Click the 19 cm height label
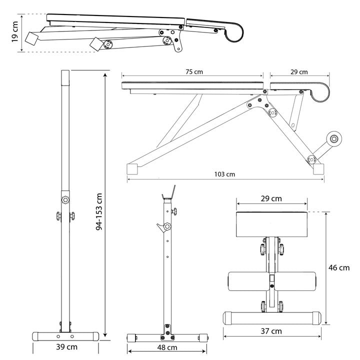coord(15,33)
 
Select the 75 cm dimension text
coord(193,72)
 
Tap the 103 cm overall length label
coord(224,174)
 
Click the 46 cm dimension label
coord(339,267)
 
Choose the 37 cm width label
coord(271,331)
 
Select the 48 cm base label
coord(167,347)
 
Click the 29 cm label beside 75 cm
coord(299,72)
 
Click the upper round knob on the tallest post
coord(65,199)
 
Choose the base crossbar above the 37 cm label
coord(271,317)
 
